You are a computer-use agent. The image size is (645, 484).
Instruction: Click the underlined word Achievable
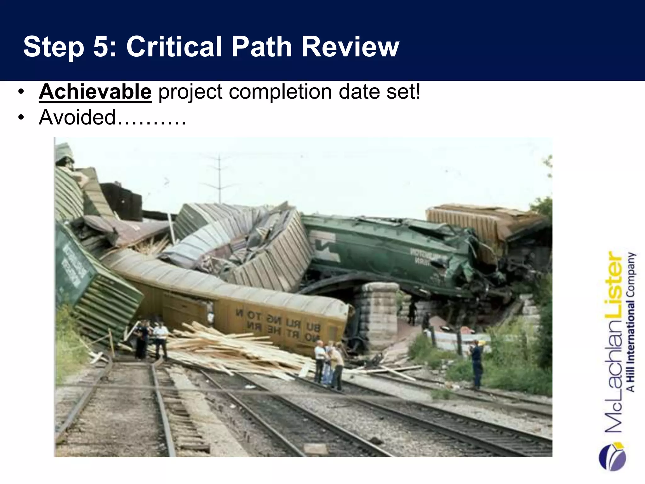(95, 92)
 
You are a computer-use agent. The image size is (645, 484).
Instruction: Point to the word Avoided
(77, 117)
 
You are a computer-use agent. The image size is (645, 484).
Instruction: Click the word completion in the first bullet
(280, 92)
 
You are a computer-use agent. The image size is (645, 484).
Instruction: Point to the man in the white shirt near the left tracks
(160, 342)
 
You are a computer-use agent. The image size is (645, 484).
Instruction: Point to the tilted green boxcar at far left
(91, 284)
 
